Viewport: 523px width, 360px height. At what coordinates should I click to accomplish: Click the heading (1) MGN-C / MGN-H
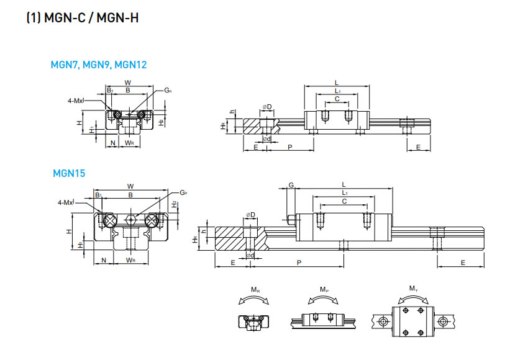click(x=82, y=18)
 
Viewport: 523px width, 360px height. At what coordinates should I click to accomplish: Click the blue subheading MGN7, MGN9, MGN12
click(x=99, y=64)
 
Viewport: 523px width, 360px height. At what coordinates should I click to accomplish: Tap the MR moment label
click(x=255, y=290)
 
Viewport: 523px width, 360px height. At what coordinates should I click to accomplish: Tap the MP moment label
click(x=324, y=290)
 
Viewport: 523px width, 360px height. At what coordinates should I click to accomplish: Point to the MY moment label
click(x=413, y=289)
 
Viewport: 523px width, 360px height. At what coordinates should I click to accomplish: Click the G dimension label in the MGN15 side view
click(x=291, y=185)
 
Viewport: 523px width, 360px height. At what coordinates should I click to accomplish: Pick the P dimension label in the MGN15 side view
click(x=299, y=263)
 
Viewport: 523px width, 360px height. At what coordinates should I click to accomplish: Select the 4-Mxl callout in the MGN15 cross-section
click(x=66, y=202)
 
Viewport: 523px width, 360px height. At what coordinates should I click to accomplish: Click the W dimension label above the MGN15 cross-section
click(x=130, y=186)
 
